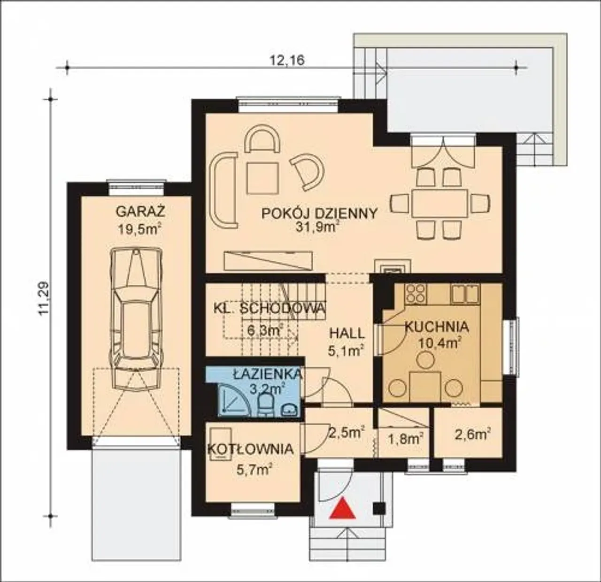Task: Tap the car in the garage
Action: point(136,318)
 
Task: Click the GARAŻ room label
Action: point(140,212)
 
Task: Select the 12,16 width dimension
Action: point(287,60)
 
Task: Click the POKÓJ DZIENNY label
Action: point(320,213)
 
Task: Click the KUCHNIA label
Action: point(437,327)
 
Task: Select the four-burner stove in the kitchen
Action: point(416,293)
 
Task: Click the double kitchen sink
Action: point(466,293)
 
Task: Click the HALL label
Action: point(347,334)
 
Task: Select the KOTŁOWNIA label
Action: point(250,449)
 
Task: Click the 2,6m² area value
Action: point(473,435)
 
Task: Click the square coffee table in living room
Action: point(263,178)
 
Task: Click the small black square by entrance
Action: point(379,508)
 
